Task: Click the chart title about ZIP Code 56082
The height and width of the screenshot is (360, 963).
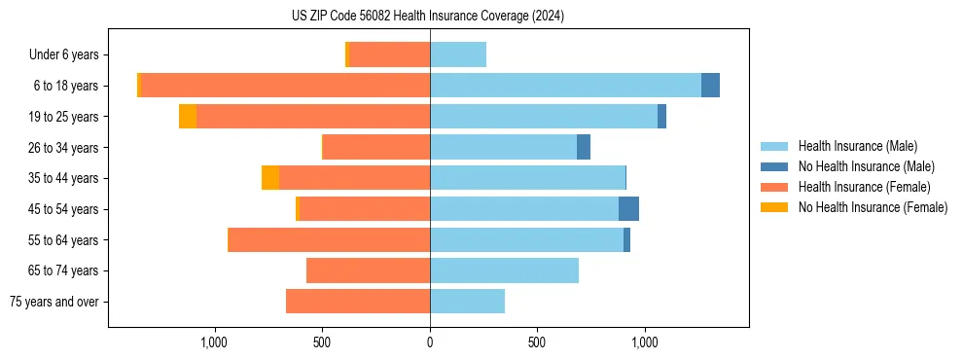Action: click(x=428, y=16)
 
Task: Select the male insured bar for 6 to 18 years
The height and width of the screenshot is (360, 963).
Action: click(x=565, y=86)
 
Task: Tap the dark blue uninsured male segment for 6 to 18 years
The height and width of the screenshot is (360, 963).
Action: click(x=710, y=86)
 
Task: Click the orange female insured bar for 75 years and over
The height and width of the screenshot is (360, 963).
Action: click(x=358, y=302)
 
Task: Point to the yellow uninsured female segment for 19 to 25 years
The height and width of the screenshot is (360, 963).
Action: click(x=188, y=117)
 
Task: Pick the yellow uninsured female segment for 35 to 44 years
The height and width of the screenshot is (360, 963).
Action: click(x=270, y=178)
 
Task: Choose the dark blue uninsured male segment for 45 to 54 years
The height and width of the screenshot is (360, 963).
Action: click(x=628, y=209)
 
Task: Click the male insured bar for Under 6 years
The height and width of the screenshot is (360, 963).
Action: click(x=458, y=54)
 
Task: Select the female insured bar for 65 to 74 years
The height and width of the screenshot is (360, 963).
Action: click(x=368, y=270)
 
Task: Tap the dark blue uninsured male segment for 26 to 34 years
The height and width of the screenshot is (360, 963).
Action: click(x=584, y=147)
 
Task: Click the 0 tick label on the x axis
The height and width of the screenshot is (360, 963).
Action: click(x=430, y=342)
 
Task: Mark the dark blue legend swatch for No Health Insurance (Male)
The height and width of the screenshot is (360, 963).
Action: click(x=774, y=166)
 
